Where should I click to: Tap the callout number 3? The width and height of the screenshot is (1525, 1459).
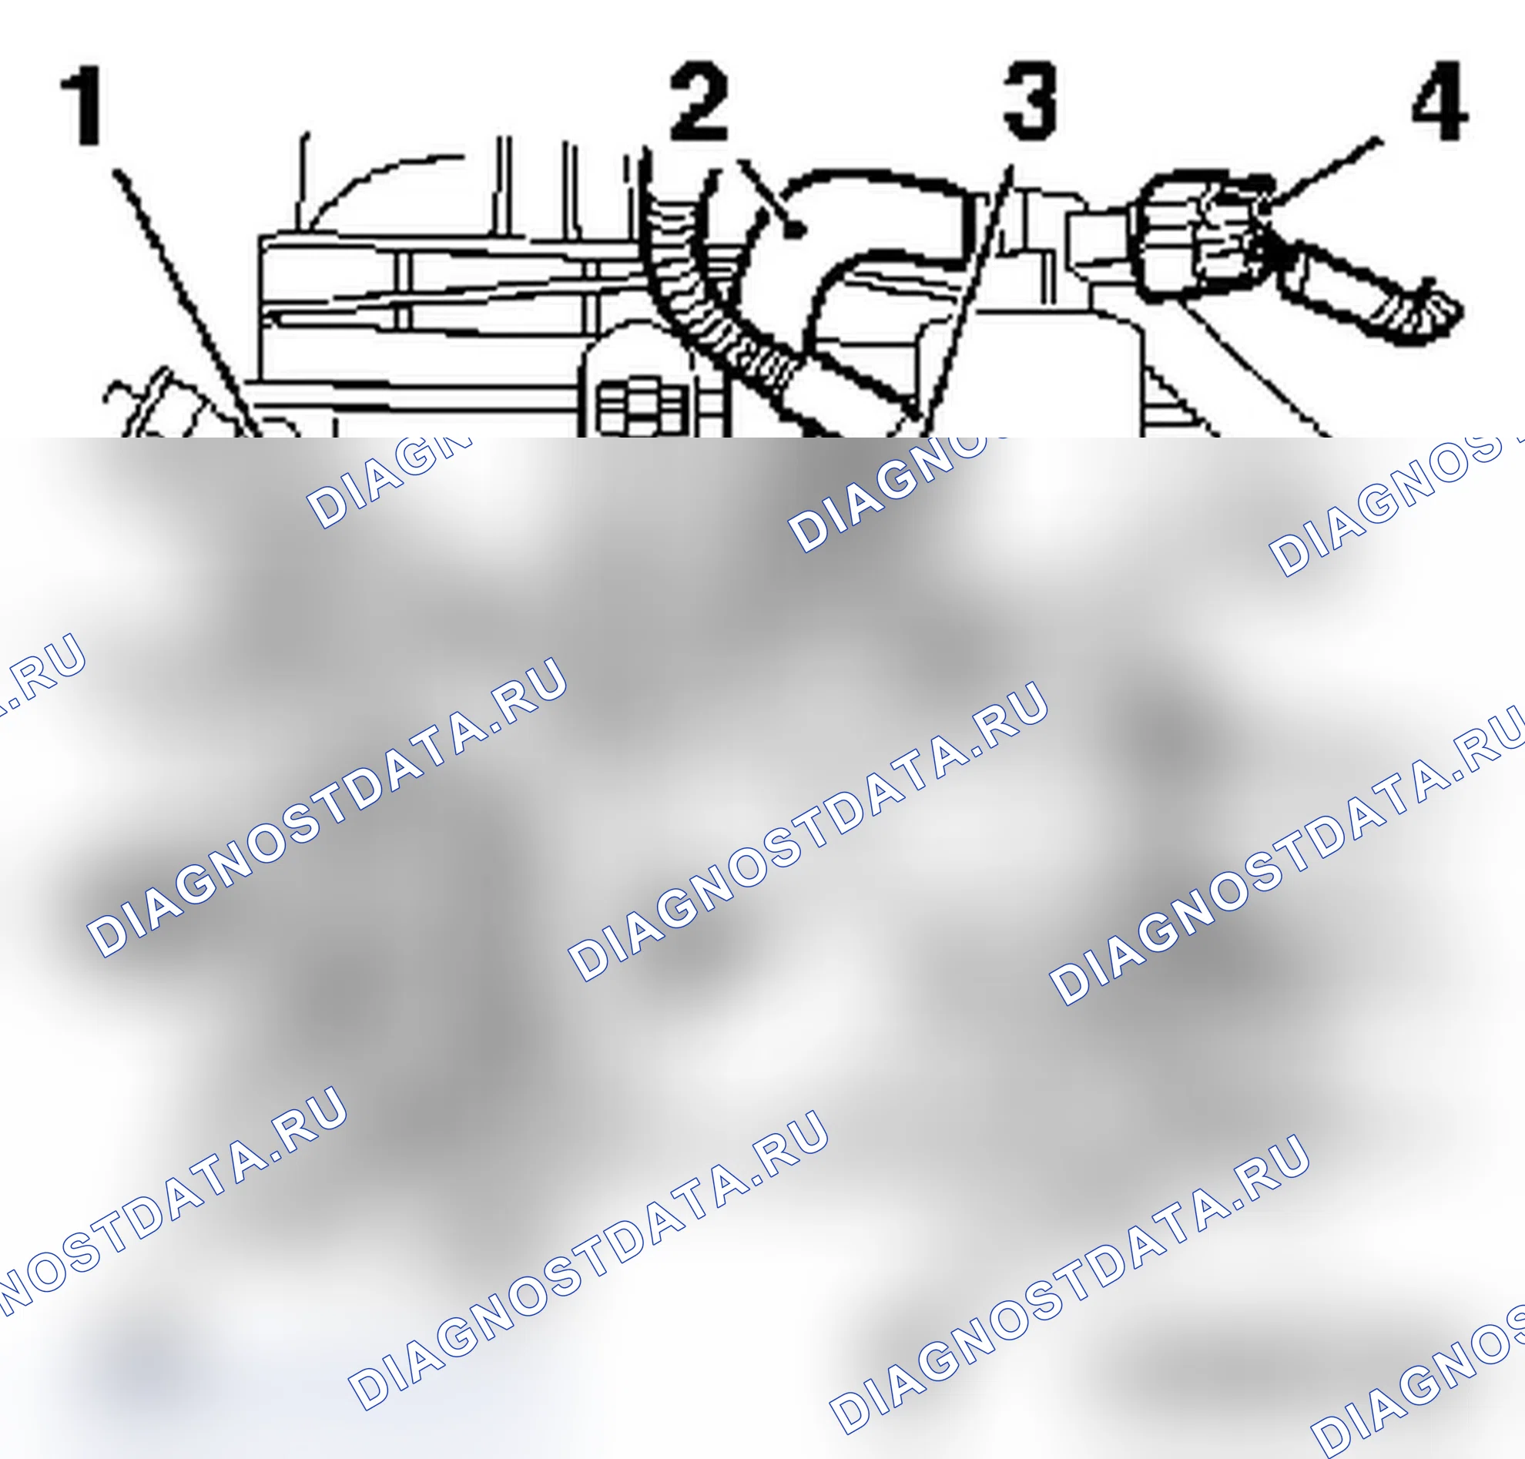pyautogui.click(x=1030, y=101)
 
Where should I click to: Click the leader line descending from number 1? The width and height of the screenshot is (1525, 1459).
pyautogui.click(x=186, y=302)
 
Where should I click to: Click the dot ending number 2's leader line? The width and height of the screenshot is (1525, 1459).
pyautogui.click(x=794, y=230)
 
